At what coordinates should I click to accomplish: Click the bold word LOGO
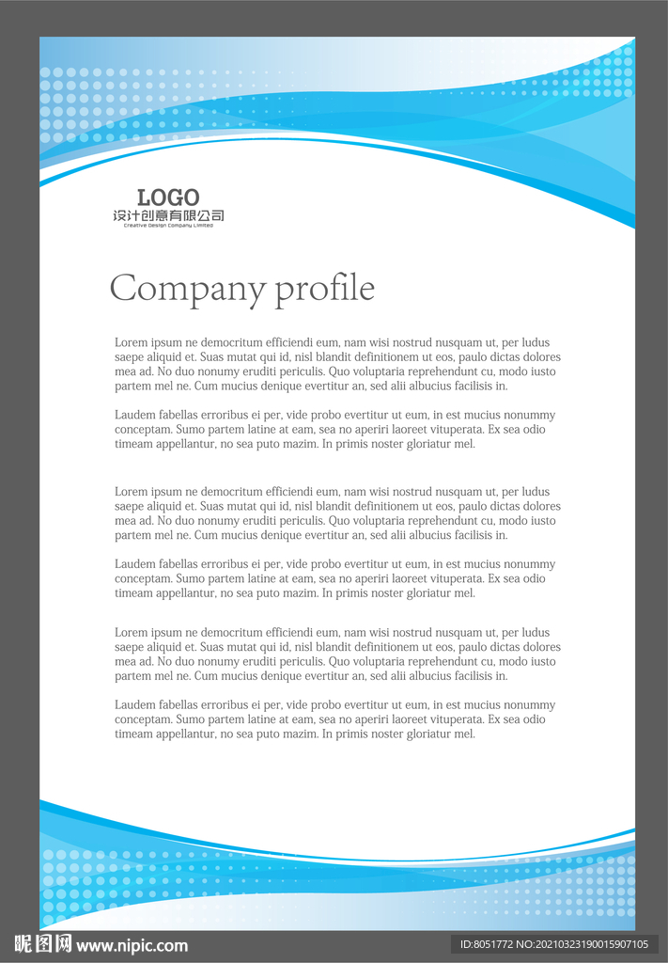click(168, 197)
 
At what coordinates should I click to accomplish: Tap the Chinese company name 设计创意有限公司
click(168, 216)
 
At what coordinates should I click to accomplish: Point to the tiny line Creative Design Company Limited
click(168, 226)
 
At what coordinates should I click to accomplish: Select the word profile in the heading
click(325, 289)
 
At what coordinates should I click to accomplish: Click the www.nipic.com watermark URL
click(132, 945)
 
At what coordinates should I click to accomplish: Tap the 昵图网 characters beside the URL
click(43, 944)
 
